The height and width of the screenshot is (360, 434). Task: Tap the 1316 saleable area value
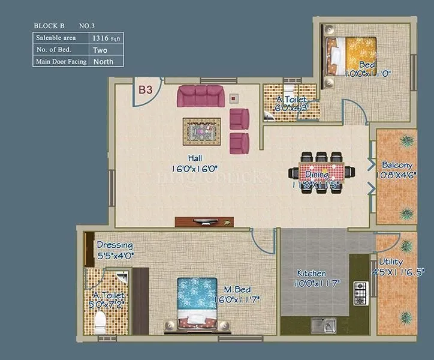point(100,37)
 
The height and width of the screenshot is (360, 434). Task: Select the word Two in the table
point(100,49)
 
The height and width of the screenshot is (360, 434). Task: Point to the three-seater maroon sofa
point(200,95)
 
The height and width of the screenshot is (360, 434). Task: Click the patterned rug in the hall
point(202,128)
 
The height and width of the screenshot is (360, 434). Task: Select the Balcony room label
point(397,165)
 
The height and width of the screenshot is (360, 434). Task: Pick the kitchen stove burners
point(360,293)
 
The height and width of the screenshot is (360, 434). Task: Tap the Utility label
point(391,262)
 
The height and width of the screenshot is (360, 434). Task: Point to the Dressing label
point(114,245)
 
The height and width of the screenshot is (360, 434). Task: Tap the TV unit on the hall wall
point(203,221)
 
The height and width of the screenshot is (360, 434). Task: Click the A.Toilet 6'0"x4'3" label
point(291,104)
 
